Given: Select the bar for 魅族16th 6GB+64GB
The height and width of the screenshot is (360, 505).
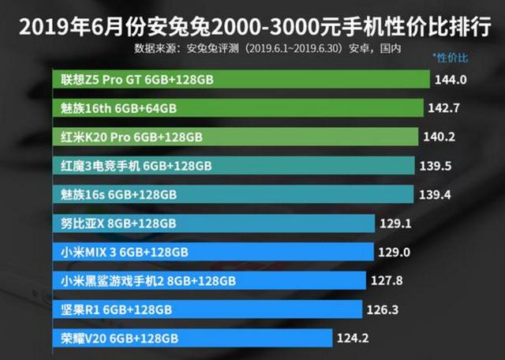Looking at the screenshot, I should (240, 108).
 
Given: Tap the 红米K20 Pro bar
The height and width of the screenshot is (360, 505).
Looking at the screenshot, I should (237, 137).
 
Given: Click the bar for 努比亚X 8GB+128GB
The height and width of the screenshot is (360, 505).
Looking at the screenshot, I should (216, 223).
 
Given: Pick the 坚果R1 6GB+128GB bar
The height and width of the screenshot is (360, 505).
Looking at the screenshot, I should (208, 309).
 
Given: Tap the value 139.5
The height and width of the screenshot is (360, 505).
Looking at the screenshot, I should (440, 166).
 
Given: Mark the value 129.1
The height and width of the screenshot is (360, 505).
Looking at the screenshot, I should (398, 223).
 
